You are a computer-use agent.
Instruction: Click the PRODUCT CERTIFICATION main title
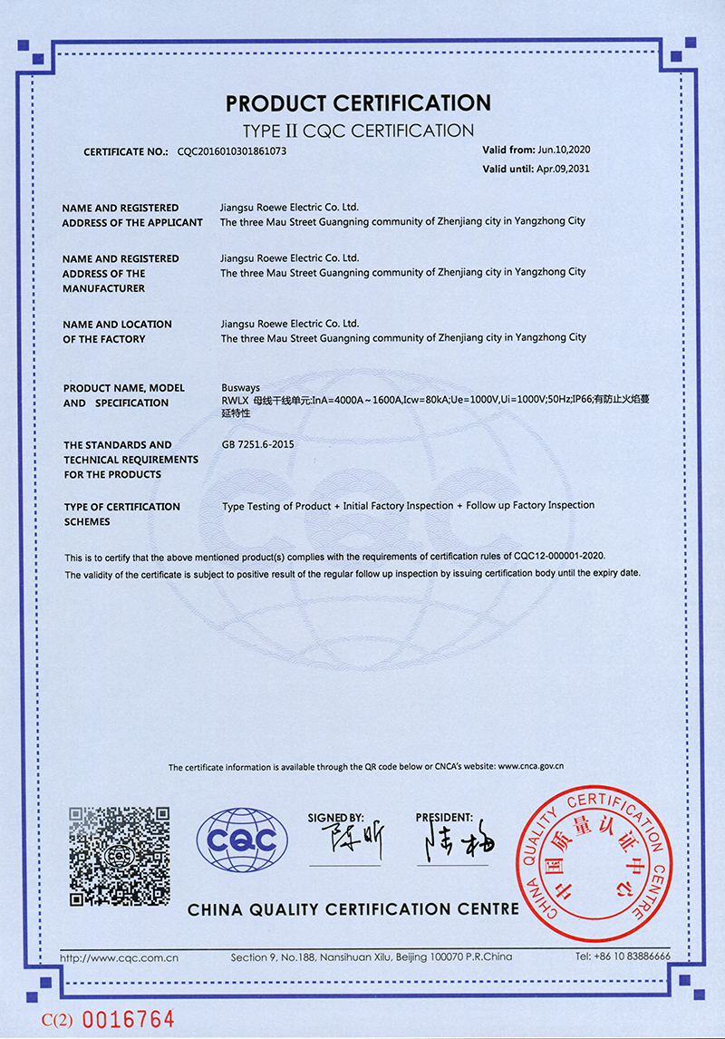pyautogui.click(x=358, y=102)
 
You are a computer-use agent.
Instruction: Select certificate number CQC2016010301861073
pyautogui.click(x=231, y=151)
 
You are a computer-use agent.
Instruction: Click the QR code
pyautogui.click(x=120, y=856)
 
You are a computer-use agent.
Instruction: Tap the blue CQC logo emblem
pyautogui.click(x=242, y=841)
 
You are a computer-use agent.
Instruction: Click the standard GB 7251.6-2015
pyautogui.click(x=257, y=444)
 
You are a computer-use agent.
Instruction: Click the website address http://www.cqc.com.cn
pyautogui.click(x=118, y=956)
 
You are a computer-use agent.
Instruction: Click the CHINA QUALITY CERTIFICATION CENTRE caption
pyautogui.click(x=353, y=908)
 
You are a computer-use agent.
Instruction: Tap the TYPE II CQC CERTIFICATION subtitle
pyautogui.click(x=359, y=130)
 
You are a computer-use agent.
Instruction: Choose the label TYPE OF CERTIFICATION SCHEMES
pyautogui.click(x=121, y=514)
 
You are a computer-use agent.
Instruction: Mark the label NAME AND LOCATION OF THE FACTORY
pyautogui.click(x=117, y=331)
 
